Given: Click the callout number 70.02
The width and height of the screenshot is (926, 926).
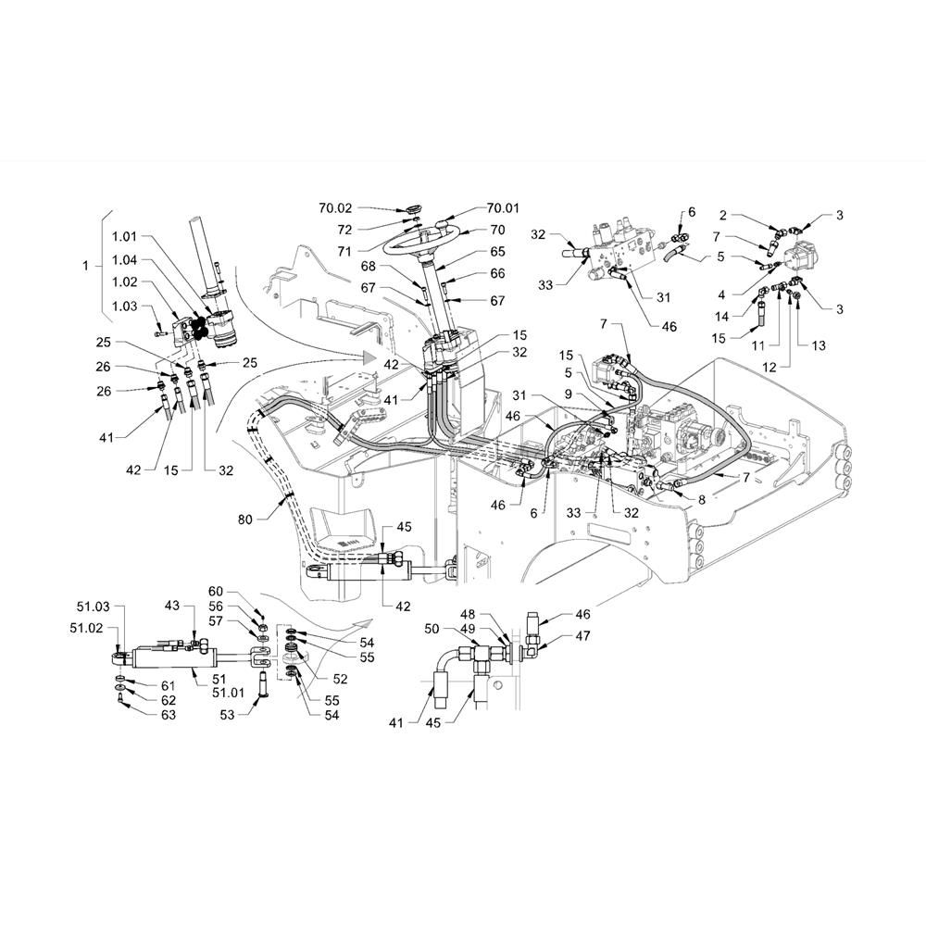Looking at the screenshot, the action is click(x=335, y=207).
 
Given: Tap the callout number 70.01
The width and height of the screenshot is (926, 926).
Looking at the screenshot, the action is click(x=503, y=207).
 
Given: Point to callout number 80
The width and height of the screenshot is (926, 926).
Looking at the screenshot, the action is click(x=245, y=519).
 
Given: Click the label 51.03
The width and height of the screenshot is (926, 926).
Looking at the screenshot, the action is click(x=94, y=607).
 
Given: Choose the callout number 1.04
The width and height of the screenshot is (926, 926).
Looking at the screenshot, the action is click(x=125, y=259).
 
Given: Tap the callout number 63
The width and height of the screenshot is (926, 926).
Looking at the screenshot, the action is click(x=169, y=715).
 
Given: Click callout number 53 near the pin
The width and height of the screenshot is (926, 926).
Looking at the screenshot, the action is click(x=228, y=715).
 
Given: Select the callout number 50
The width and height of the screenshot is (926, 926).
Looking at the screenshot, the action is click(x=432, y=629).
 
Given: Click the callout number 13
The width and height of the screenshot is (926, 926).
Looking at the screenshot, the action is click(x=819, y=345).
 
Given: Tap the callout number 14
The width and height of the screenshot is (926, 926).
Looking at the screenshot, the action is click(x=721, y=317).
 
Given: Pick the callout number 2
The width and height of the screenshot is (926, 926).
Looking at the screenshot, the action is click(x=723, y=215).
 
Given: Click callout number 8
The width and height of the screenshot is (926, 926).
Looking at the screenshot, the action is click(x=702, y=500).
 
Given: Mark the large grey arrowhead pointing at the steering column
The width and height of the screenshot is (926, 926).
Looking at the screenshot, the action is click(x=369, y=357).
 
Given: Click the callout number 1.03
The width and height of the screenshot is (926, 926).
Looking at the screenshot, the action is click(x=125, y=306).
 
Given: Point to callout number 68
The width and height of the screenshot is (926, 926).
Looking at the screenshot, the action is click(x=369, y=267).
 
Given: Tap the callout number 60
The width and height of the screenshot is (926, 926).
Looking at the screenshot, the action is click(x=216, y=592).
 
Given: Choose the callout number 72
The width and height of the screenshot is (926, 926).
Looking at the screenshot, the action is click(x=344, y=230).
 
